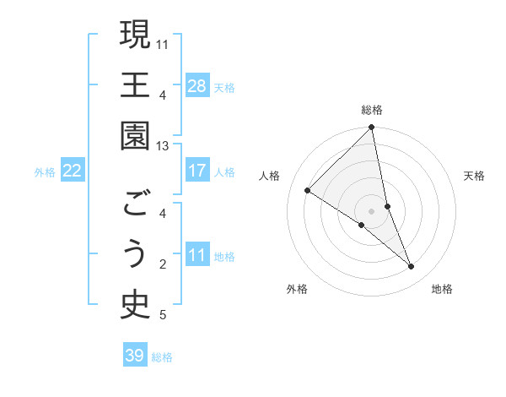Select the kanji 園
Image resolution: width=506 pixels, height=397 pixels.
135,137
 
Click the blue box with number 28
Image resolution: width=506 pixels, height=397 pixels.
197,86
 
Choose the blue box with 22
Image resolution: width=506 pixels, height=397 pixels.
73,171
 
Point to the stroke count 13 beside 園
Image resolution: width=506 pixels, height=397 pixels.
163,146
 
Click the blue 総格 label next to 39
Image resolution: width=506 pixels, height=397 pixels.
163,357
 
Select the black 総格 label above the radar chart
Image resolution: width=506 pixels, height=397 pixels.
372,110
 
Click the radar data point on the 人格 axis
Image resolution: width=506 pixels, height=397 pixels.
308,191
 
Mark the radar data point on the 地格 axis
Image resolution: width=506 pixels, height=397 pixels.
412,267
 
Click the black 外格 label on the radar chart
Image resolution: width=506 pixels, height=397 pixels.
297,290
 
